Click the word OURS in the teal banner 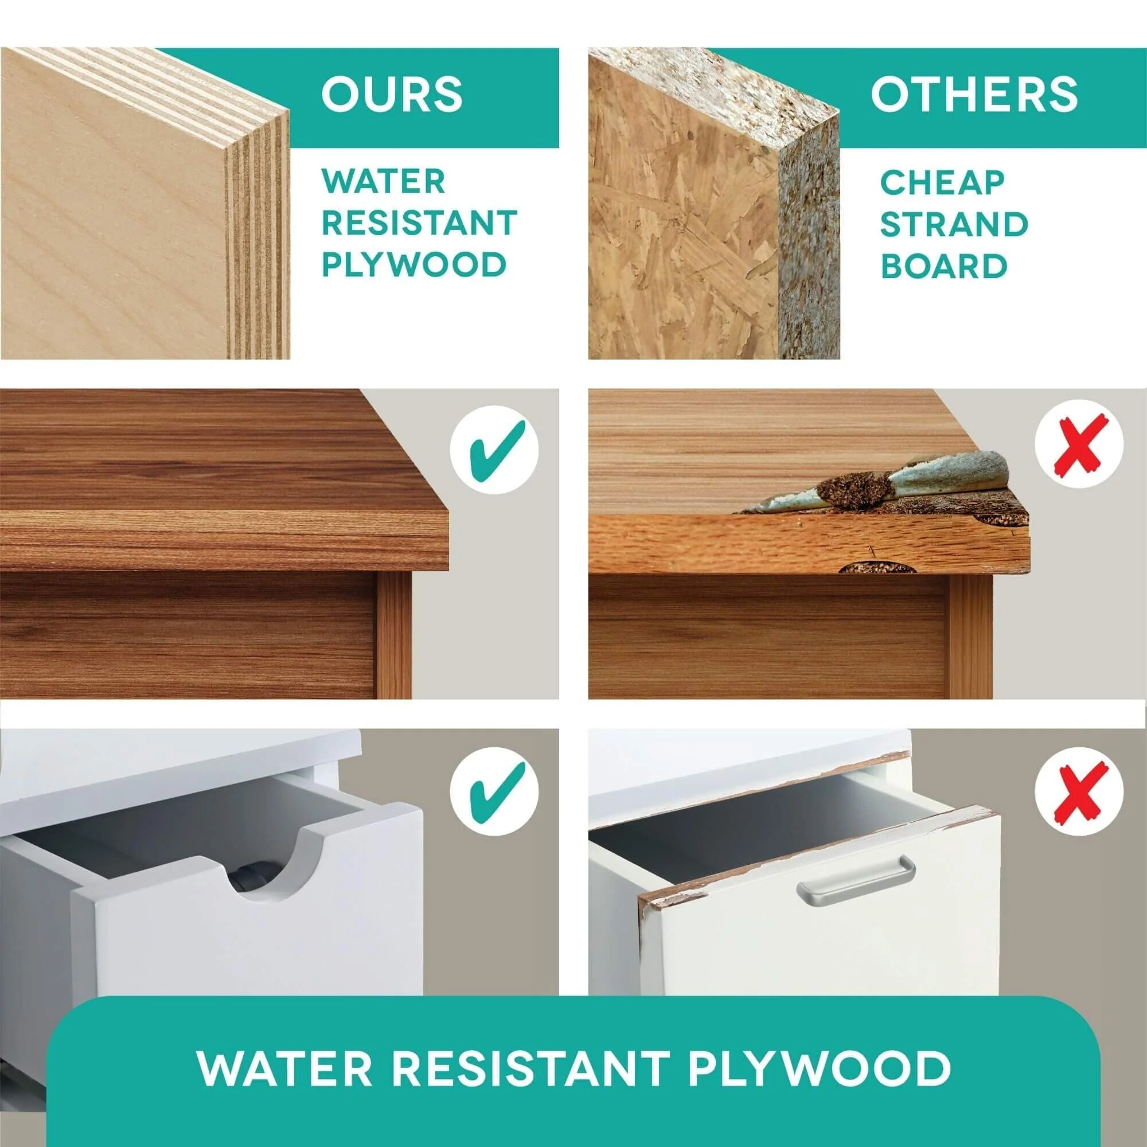(x=391, y=95)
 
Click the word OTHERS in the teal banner (x=974, y=95)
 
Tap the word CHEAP (x=942, y=182)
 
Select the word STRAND (x=954, y=224)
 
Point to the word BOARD (x=944, y=266)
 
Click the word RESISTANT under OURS (x=419, y=223)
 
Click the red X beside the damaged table (x=1079, y=444)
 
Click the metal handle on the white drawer (x=856, y=881)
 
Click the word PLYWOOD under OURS (x=414, y=265)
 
